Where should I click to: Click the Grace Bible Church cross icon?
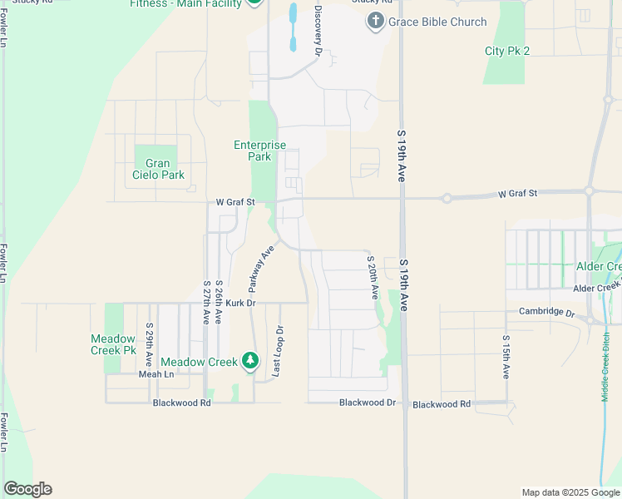coord(375,22)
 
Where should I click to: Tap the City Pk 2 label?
coord(507,51)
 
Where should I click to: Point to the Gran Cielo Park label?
coord(158,169)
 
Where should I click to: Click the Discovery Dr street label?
coord(318,31)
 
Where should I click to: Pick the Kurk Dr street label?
coord(238,304)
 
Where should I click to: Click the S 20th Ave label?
coord(373,278)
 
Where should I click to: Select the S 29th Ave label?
coord(149,346)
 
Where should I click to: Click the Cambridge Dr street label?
coord(546,312)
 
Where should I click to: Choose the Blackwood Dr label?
coord(368,403)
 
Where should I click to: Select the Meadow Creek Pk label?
coord(113,344)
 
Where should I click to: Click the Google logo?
coord(27,489)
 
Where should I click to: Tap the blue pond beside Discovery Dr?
coord(292,26)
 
